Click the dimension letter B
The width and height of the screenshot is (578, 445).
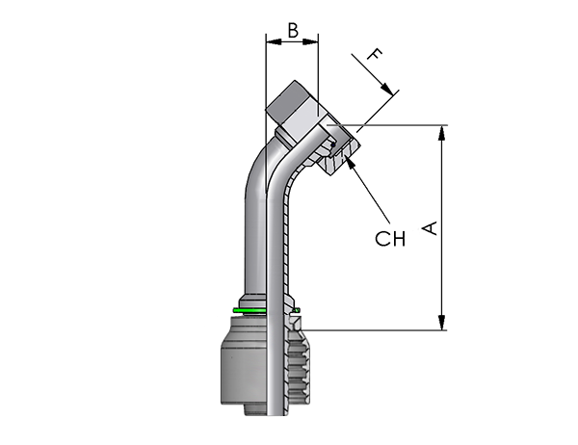[293, 31]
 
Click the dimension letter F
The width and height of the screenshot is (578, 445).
[375, 55]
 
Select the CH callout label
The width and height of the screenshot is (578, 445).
[390, 239]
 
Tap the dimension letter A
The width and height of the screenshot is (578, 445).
[430, 228]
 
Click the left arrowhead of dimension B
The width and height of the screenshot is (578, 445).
[274, 41]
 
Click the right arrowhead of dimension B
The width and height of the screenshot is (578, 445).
[310, 41]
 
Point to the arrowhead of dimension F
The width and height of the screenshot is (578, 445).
[386, 89]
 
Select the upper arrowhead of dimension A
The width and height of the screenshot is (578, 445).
[441, 133]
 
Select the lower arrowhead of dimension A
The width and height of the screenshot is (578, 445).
[441, 323]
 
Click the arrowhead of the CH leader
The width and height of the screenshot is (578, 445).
[350, 163]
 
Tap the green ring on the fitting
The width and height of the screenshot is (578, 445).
[250, 311]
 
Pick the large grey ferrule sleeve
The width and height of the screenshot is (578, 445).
[244, 361]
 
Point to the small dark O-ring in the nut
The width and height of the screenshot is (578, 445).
[333, 145]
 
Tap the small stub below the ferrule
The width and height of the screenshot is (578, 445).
[256, 410]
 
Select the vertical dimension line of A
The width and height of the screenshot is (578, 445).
[441, 228]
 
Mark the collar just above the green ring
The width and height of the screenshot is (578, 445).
[252, 301]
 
